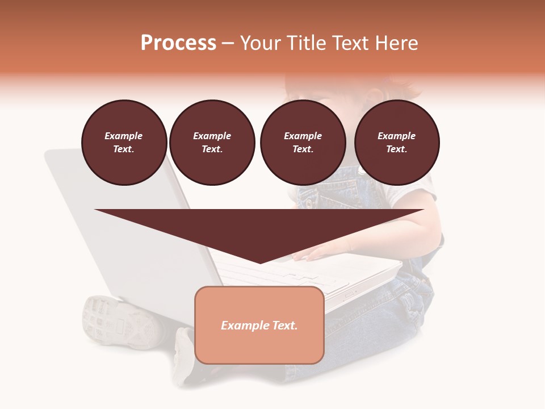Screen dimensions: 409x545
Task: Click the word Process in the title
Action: tap(178, 43)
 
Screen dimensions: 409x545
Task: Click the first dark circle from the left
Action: tap(124, 143)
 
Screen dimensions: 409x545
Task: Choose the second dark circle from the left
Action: tap(212, 143)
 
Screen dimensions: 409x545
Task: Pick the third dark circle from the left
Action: tap(303, 143)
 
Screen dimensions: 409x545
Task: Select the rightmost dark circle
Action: tap(397, 143)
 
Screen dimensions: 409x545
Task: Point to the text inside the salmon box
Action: tap(259, 325)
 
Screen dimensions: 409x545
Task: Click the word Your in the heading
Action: tap(260, 43)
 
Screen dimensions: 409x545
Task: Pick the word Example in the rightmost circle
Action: tap(397, 136)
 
